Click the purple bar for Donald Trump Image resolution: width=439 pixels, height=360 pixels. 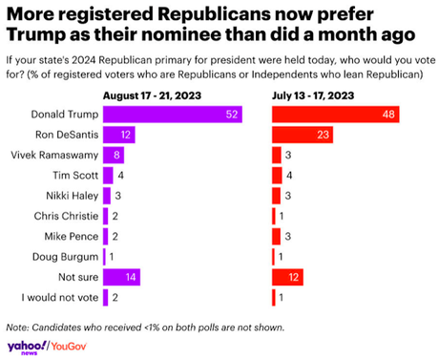click(173, 115)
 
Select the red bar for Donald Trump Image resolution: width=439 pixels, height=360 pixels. click(335, 115)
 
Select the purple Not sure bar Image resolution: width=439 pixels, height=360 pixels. click(121, 277)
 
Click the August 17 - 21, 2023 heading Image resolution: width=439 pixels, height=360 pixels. click(147, 95)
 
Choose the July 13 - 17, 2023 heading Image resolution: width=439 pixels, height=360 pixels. click(313, 95)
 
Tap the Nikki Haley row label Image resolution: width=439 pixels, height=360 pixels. click(71, 196)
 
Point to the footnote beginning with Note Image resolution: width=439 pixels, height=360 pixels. click(143, 325)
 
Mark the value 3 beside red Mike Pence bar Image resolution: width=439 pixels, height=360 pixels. click(287, 236)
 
